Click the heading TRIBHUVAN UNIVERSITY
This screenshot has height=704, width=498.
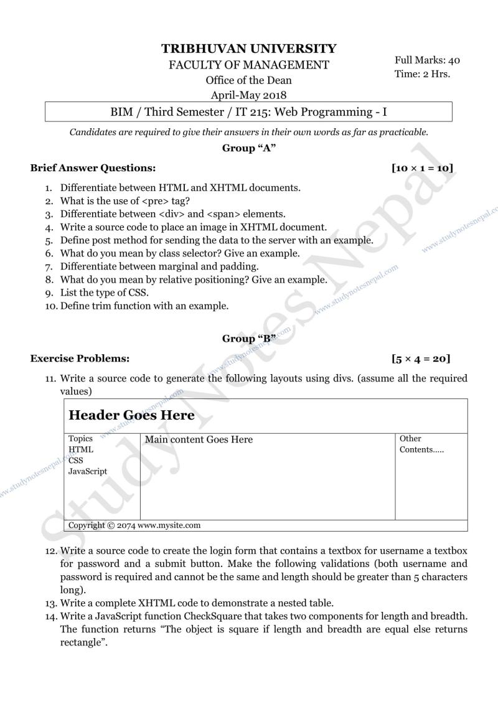coord(249,49)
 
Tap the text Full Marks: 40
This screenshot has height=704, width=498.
coord(427,60)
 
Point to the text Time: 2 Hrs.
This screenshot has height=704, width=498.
coord(422,73)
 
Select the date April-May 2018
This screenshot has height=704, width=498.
coord(248,95)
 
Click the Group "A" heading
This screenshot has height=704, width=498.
coord(249,148)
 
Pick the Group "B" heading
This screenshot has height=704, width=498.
coord(249,339)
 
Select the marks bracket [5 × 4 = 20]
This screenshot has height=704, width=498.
coord(421,359)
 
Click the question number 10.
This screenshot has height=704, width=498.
coord(51,306)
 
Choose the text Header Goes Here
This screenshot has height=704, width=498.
coord(131,415)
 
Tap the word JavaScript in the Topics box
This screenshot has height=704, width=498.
coord(88,471)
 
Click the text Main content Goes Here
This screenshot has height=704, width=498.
coord(199,440)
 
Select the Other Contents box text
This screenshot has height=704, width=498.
coord(421,444)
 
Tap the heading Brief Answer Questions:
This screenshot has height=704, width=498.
coord(93,168)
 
